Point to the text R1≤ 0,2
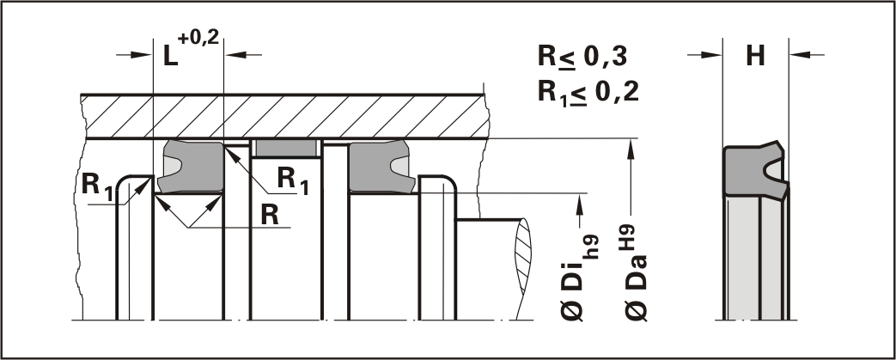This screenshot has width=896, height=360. [x=588, y=92]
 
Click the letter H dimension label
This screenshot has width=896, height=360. [x=756, y=56]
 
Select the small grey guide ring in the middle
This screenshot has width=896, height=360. [x=287, y=149]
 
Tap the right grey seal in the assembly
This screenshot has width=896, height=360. [x=378, y=165]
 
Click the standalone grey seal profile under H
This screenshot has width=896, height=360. [x=753, y=172]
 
